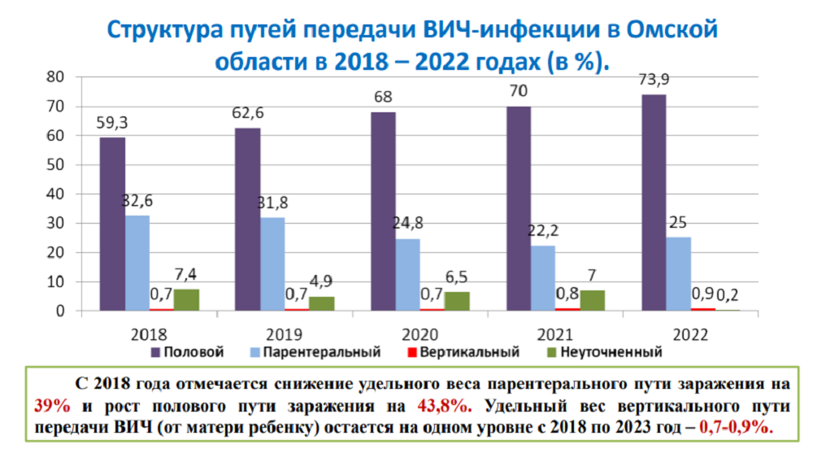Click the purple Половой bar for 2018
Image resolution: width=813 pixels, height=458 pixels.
[113, 224]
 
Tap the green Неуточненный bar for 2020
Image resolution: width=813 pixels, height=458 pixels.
[457, 300]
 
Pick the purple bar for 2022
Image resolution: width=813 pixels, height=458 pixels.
[654, 203]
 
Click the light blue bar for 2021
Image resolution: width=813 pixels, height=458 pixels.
[542, 277]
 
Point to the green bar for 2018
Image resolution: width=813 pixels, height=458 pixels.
[186, 299]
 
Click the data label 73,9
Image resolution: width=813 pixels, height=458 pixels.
[653, 80]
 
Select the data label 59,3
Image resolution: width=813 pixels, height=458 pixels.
[113, 123]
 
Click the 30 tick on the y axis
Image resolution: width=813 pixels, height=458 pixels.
[55, 224]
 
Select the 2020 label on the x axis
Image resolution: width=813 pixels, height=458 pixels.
[420, 334]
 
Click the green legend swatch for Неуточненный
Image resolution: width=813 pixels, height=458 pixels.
[550, 352]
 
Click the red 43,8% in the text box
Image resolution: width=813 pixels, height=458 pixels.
[442, 404]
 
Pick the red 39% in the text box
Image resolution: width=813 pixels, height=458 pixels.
[51, 404]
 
